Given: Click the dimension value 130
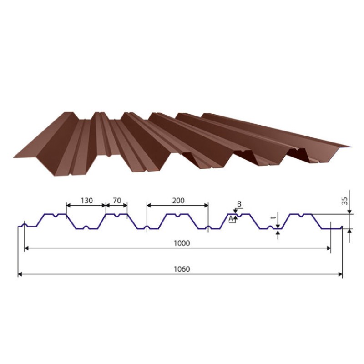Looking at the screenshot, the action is point(86,200).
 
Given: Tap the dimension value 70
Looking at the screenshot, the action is point(117,200).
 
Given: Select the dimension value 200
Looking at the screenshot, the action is point(178,200).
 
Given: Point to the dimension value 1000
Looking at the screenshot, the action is point(182,243).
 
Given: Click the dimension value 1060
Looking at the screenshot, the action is point(182,269).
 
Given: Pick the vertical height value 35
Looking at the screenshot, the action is point(345,201).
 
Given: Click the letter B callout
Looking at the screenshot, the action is point(239,204).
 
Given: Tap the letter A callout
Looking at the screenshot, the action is point(231,218).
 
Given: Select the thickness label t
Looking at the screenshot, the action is point(274,218).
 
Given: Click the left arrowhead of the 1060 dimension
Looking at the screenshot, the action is point(20,274).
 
